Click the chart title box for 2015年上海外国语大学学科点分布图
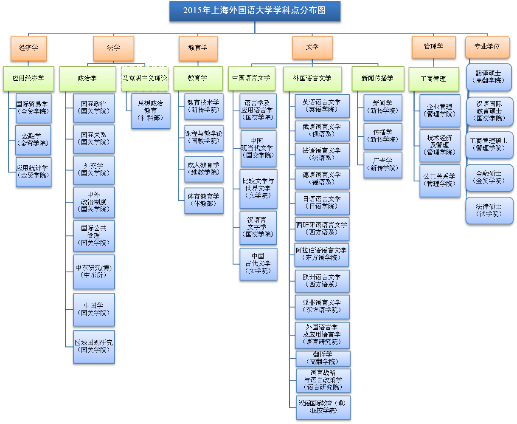coord(255,11)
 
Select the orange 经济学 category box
coord(28,48)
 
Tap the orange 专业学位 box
coord(487,47)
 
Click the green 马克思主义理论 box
coord(145,78)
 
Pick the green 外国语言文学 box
coord(312,79)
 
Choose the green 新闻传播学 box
coord(377,79)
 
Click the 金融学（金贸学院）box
coord(33,140)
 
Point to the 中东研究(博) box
coord(94,271)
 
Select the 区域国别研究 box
coord(94,346)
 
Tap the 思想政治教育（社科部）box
coord(151,110)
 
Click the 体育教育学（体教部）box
coord(204,200)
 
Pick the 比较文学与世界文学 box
coord(258,188)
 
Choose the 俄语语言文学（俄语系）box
coord(322,130)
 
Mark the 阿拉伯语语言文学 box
coord(322,254)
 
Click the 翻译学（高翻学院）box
coord(323,358)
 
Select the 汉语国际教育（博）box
coord(323,407)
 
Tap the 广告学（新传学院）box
coord(382,164)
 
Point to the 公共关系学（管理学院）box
coord(439,180)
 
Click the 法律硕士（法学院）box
coord(489,210)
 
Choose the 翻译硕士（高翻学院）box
coord(489,77)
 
